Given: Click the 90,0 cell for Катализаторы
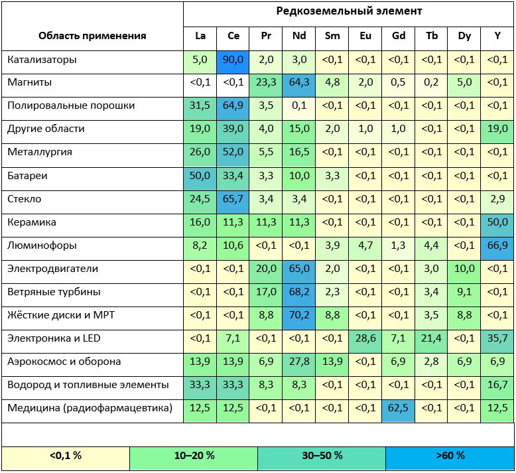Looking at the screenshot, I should pos(233,60).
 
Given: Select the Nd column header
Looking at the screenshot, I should pos(299,36).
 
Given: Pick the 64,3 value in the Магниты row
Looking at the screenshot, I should pos(299,83).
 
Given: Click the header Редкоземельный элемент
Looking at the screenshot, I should pos(349,11).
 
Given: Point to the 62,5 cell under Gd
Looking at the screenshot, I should pos(399,408).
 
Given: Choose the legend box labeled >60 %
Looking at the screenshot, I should pos(450,456).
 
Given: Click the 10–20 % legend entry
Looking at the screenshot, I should pos(193,456).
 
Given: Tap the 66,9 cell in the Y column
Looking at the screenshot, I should pos(497,245).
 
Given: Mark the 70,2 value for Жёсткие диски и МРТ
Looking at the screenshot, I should pos(299,316).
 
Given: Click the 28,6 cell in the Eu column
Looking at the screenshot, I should pos(365,339).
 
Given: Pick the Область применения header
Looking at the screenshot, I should pos(92,36).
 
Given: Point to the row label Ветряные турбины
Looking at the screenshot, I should pos(54,292).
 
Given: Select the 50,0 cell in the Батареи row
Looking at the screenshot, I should pos(200,176).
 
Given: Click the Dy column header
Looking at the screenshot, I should pos(464,36).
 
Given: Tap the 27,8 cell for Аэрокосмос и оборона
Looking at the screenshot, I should pos(299,362).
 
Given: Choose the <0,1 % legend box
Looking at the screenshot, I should pos(65,456).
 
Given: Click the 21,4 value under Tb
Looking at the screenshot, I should pos(432,339).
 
